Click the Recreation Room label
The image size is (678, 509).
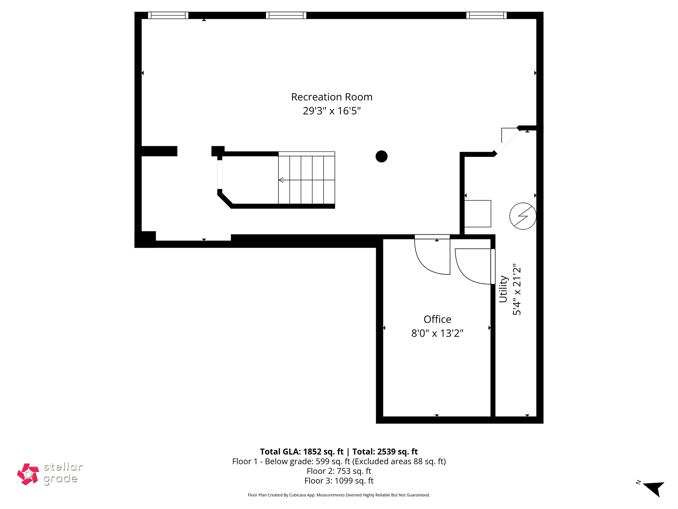tap(332, 97)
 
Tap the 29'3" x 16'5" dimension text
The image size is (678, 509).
tap(332, 111)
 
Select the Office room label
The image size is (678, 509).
tap(437, 319)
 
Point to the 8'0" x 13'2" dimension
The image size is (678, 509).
tap(437, 333)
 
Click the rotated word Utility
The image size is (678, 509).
tap(503, 289)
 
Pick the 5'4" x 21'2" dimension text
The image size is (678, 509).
tap(517, 289)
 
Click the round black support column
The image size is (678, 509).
tap(381, 156)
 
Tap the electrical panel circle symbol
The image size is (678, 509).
tap(523, 216)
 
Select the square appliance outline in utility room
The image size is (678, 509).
tap(477, 214)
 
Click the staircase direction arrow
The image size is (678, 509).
tap(281, 180)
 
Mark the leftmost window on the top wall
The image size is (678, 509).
tap(168, 15)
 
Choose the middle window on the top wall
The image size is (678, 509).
tap(286, 15)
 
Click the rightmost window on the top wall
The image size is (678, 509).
tap(486, 15)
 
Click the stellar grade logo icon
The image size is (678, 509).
tap(28, 474)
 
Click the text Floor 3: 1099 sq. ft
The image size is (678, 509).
tap(339, 481)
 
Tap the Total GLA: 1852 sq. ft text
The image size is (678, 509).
tap(302, 452)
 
